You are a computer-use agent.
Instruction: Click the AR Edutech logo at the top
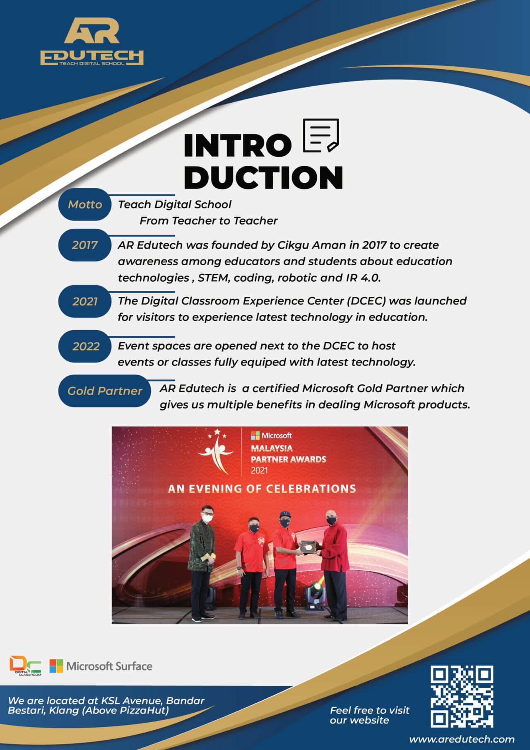(92, 41)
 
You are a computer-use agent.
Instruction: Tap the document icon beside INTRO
(321, 135)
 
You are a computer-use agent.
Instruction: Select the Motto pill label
(85, 204)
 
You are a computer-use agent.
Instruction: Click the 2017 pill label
(85, 245)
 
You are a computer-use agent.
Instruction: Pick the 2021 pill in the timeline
(85, 301)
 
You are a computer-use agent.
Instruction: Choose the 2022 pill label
(86, 346)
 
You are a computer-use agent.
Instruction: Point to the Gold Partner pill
(105, 391)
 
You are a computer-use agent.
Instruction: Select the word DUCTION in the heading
(263, 177)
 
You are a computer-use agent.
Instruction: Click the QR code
(462, 697)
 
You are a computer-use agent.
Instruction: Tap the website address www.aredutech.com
(462, 739)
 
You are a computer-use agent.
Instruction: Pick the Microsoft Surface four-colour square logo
(56, 666)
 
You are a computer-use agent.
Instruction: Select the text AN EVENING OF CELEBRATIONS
(262, 489)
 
